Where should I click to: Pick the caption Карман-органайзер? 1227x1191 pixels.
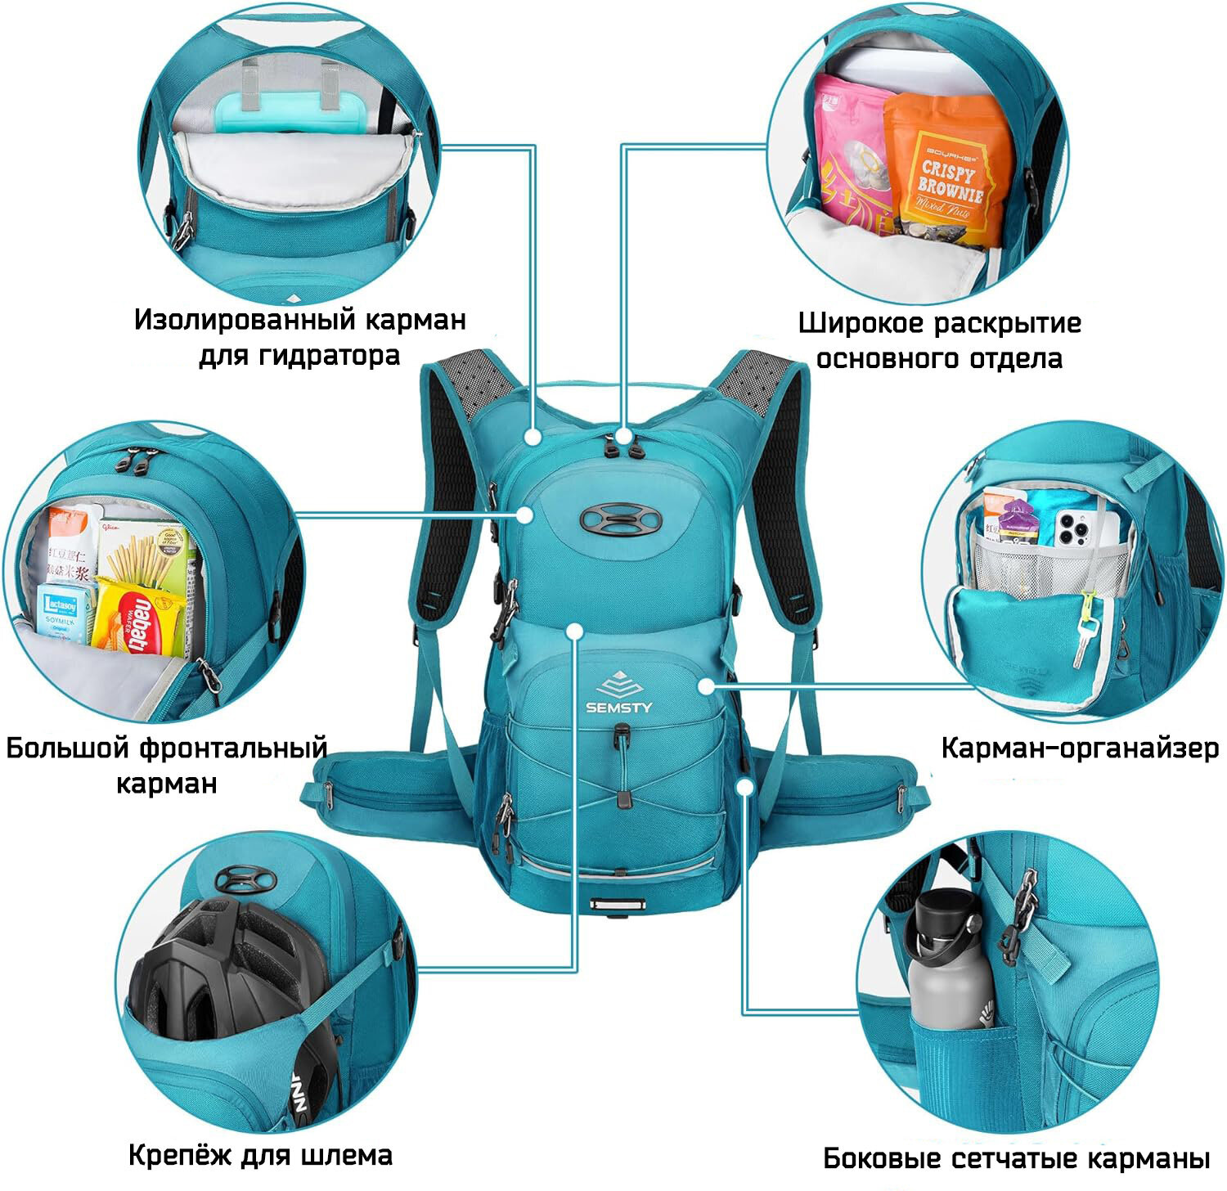[x=1080, y=748]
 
